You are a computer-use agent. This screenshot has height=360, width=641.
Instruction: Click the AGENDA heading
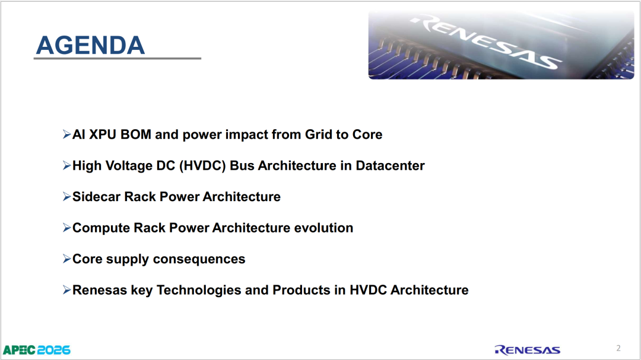tap(90, 45)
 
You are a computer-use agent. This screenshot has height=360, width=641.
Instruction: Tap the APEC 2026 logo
tap(37, 350)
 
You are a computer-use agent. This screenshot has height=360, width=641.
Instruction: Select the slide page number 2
tap(618, 348)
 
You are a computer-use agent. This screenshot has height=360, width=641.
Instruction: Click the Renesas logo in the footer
tap(528, 350)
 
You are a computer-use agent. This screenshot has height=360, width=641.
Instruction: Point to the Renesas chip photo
tap(501, 45)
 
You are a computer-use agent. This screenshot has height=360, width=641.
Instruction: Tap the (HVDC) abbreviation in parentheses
tap(202, 165)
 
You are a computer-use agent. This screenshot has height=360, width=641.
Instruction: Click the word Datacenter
tap(390, 165)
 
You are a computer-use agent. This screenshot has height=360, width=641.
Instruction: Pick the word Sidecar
tap(97, 196)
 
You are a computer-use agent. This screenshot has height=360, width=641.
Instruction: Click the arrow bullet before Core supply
tap(66, 259)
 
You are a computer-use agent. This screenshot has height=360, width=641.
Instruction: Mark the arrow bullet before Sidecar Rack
tap(66, 196)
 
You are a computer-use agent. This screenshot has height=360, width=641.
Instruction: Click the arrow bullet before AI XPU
tap(66, 135)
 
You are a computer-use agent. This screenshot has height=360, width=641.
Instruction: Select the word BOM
tap(136, 135)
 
